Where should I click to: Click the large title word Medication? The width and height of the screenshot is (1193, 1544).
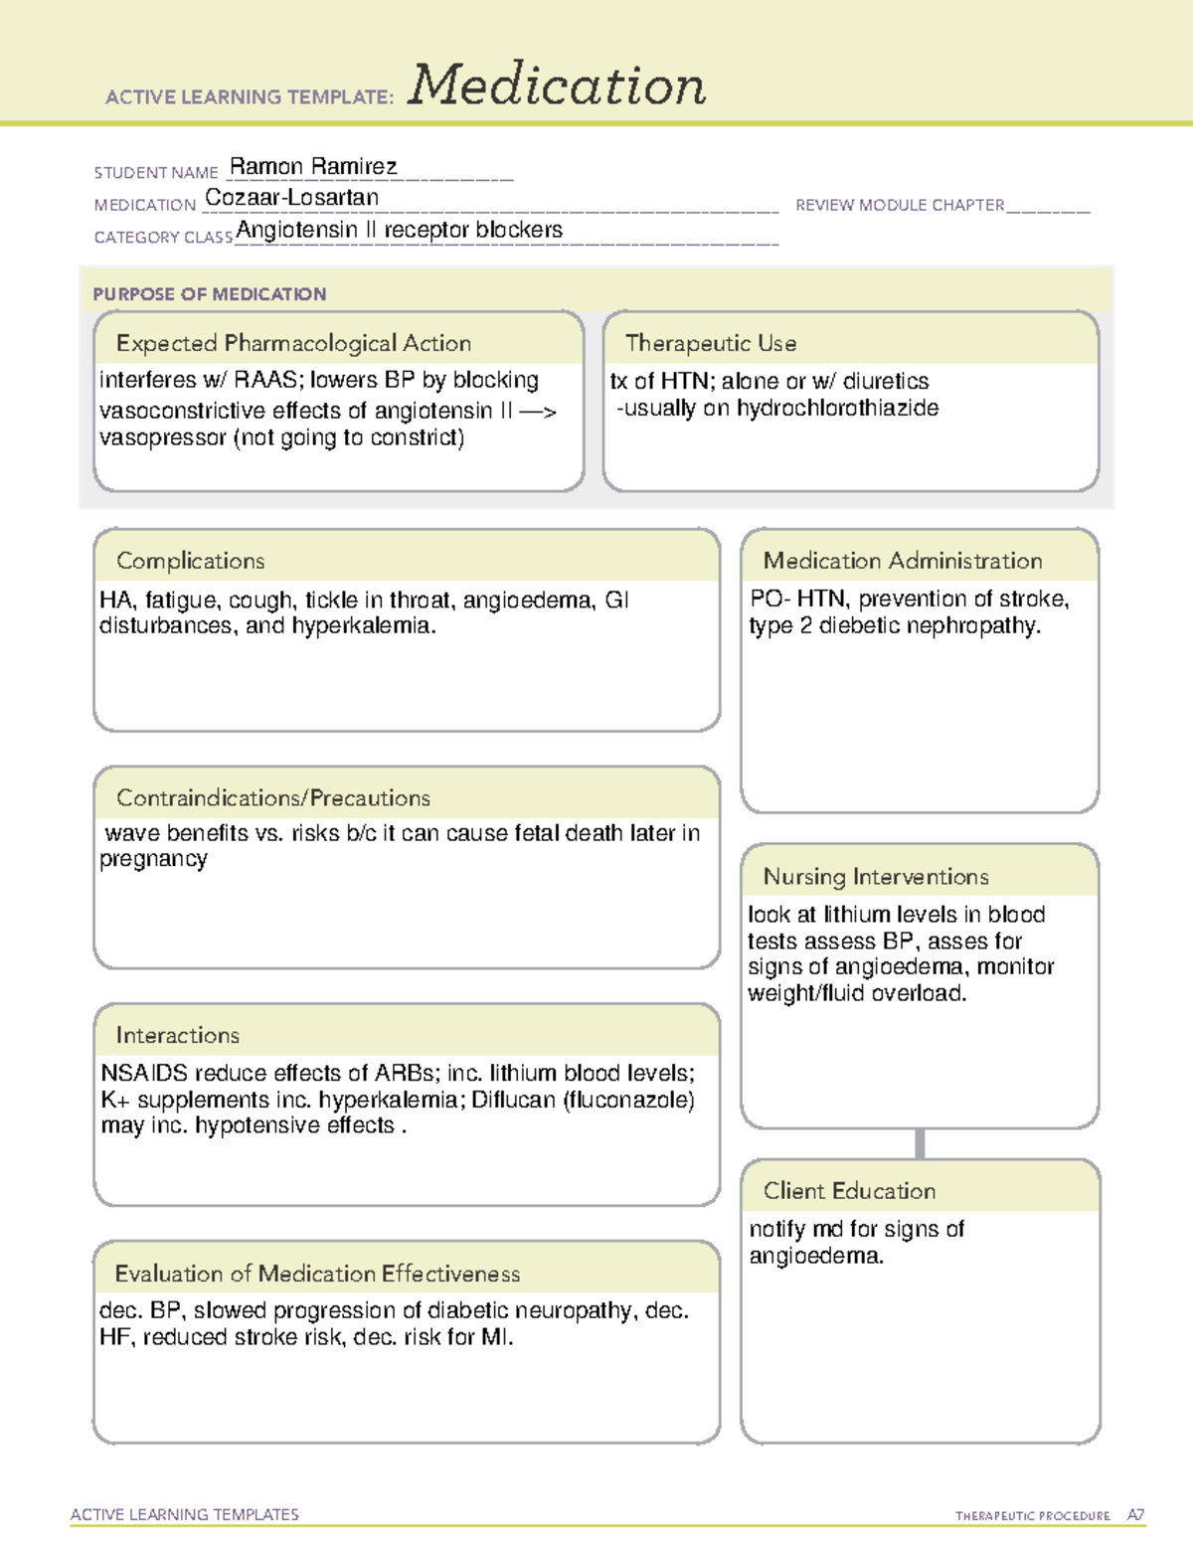557,86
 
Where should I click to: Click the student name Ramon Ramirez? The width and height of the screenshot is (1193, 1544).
313,166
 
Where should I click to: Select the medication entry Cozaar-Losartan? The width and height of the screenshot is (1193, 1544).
291,198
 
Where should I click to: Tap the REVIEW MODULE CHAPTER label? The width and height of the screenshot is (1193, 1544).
900,205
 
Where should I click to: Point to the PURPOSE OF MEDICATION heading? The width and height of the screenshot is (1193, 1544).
210,294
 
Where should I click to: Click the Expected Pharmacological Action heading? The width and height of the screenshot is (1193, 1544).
293,343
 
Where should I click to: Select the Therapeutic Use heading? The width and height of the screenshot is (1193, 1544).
711,343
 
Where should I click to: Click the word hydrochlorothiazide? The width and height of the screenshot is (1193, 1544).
837,408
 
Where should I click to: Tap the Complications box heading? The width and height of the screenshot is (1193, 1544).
191,561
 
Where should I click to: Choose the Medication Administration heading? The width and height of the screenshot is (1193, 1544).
903,561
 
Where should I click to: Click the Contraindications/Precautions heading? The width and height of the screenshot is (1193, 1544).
273,798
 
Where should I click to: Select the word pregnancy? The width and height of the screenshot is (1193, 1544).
153,859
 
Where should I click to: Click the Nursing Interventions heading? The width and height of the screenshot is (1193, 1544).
876,877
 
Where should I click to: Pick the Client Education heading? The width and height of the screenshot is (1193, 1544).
849,1191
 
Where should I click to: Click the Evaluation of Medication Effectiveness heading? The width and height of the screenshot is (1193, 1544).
317,1274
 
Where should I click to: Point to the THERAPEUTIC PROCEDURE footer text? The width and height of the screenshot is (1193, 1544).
1032,1516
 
